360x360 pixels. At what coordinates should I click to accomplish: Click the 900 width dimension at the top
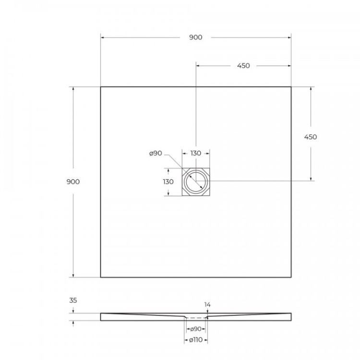pyautogui.click(x=195, y=38)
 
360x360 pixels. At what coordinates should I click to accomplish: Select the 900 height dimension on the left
pyautogui.click(x=73, y=181)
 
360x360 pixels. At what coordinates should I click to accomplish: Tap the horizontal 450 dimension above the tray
pyautogui.click(x=243, y=66)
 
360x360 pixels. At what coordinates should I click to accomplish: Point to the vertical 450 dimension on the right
pyautogui.click(x=311, y=137)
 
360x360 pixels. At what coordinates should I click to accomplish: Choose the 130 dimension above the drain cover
pyautogui.click(x=195, y=154)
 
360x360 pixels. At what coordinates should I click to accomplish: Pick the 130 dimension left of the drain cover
pyautogui.click(x=168, y=181)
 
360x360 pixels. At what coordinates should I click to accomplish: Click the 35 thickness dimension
pyautogui.click(x=73, y=300)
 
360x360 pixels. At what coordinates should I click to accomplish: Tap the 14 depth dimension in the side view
pyautogui.click(x=207, y=304)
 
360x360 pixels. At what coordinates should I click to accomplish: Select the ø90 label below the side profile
pyautogui.click(x=195, y=329)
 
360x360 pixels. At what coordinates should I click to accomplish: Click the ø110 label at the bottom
pyautogui.click(x=195, y=340)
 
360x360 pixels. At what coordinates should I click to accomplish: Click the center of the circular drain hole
pyautogui.click(x=196, y=182)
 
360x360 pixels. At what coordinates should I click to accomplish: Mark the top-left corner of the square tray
pyautogui.click(x=101, y=87)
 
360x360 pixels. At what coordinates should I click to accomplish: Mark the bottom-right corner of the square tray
pyautogui.click(x=291, y=277)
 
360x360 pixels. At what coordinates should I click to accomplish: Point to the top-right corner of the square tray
pyautogui.click(x=291, y=87)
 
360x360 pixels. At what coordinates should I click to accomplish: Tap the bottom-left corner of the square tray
pyautogui.click(x=101, y=277)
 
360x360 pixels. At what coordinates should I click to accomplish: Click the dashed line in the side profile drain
pyautogui.click(x=195, y=318)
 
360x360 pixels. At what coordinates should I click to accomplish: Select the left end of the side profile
pyautogui.click(x=101, y=316)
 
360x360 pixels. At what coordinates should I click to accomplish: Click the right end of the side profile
pyautogui.click(x=290, y=316)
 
